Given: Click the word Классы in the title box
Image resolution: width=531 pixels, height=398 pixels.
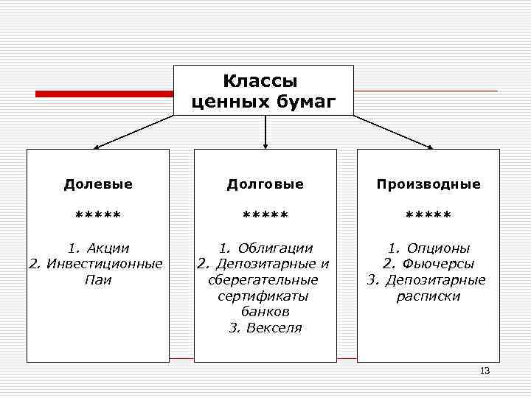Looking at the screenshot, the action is click(x=263, y=80).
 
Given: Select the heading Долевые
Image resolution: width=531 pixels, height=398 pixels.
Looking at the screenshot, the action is click(x=98, y=184).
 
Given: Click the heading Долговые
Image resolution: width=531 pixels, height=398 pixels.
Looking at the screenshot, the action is click(x=265, y=184).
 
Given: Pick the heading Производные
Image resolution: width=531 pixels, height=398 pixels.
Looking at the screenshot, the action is click(x=428, y=184).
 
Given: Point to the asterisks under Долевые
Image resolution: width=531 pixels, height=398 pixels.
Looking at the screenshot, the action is click(x=98, y=215).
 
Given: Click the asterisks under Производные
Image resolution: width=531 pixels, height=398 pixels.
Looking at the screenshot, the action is click(x=428, y=215).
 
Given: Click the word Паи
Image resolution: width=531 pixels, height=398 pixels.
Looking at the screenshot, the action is click(x=98, y=280).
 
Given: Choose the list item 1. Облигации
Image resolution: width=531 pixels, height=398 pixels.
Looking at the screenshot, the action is click(x=265, y=248).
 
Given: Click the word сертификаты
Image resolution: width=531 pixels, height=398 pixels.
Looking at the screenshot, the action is click(x=263, y=296).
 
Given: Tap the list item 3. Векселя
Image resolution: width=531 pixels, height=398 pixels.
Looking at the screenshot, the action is click(x=265, y=328).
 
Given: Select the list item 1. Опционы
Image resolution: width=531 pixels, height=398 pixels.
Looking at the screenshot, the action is click(x=429, y=248).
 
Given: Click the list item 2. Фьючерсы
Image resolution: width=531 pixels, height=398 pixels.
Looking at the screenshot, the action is click(x=428, y=264).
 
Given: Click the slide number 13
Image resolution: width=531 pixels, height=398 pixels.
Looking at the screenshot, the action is click(x=485, y=371).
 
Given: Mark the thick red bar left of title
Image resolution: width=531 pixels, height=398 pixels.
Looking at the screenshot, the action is click(x=104, y=94).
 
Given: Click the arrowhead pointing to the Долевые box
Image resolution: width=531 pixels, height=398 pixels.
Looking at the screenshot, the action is click(x=97, y=147).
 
